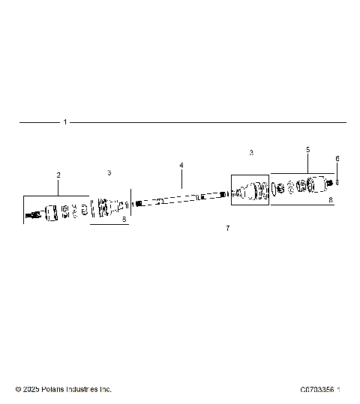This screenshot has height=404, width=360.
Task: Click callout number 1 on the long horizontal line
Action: [x=65, y=121]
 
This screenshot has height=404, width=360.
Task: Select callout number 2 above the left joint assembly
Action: [x=58, y=175]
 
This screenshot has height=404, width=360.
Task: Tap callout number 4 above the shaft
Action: [x=181, y=165]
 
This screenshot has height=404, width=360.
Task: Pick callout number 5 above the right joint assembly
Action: [x=307, y=150]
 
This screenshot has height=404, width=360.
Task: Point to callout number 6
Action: [x=337, y=159]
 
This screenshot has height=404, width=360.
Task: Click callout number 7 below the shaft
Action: [x=227, y=227]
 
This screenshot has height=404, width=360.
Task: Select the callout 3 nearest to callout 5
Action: [x=251, y=152]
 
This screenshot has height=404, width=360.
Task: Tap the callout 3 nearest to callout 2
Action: [x=109, y=172]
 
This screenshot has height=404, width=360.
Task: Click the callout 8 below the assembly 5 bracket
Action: [x=331, y=200]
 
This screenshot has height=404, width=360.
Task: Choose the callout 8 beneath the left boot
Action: [x=124, y=220]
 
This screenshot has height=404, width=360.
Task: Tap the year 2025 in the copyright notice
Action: [x=30, y=389]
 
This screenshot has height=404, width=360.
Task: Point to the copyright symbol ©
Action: [x=18, y=389]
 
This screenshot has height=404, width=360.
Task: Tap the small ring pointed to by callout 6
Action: [x=338, y=181]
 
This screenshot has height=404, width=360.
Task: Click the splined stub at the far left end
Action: [x=31, y=217]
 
